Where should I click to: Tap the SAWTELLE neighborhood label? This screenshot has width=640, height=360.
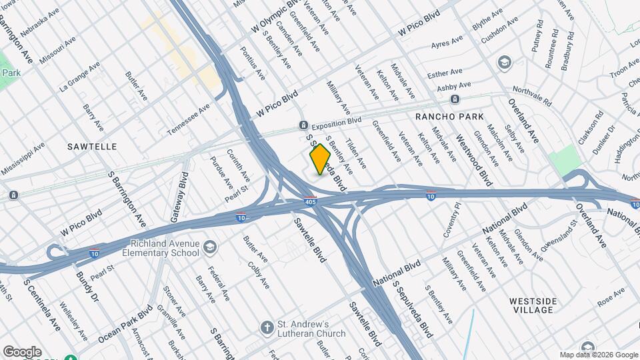point(92,146)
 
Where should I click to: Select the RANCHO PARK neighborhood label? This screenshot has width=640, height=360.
point(449,117)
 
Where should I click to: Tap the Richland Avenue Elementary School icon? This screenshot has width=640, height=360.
point(211,247)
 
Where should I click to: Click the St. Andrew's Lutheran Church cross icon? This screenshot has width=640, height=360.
point(266,327)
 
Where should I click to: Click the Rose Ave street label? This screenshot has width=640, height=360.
point(611,297)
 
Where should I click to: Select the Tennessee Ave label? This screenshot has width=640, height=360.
point(188,118)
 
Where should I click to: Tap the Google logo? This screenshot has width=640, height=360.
point(22,351)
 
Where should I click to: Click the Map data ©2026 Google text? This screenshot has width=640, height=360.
point(598,355)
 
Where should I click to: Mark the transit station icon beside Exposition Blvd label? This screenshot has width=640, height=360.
point(303,125)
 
